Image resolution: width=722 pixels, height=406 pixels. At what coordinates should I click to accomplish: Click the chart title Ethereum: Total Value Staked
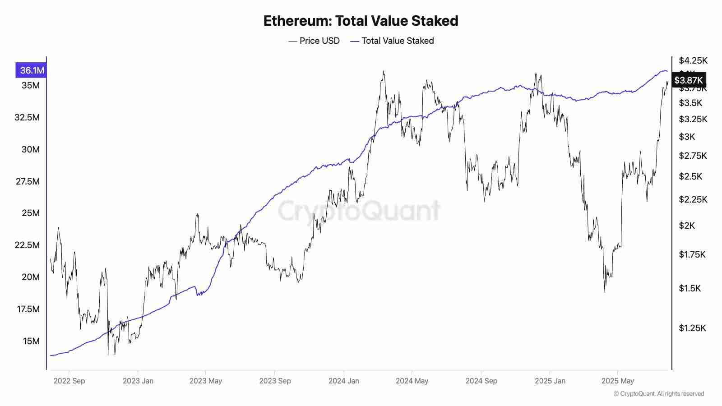click(x=361, y=21)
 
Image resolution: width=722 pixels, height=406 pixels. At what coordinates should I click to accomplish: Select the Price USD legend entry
click(x=315, y=41)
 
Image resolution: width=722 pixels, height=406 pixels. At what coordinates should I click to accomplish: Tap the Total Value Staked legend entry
click(x=392, y=41)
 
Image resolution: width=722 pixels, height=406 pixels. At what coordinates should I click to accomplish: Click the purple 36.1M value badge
click(x=31, y=70)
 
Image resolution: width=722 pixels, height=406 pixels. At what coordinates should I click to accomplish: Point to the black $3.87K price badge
click(x=689, y=80)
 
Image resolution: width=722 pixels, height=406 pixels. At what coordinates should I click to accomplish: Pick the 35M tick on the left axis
click(x=31, y=85)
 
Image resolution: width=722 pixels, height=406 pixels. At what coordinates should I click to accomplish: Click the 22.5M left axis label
click(x=27, y=245)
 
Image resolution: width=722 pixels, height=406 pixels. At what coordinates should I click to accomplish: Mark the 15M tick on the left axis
click(x=31, y=341)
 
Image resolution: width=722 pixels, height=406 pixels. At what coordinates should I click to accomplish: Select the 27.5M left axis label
click(x=27, y=181)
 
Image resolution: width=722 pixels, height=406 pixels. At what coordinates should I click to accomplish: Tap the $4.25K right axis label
click(x=693, y=60)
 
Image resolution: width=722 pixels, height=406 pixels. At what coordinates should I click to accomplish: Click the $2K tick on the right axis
click(x=687, y=226)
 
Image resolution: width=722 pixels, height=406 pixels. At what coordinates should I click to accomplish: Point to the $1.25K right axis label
click(x=692, y=328)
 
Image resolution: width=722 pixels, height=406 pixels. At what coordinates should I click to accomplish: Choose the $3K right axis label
click(x=687, y=137)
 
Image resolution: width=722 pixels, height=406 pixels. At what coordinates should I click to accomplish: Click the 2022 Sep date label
click(x=69, y=381)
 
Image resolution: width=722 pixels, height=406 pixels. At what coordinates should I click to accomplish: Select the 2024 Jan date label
click(x=344, y=381)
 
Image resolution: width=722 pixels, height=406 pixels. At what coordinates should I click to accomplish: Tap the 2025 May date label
click(x=618, y=381)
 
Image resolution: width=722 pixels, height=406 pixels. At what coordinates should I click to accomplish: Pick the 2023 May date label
click(x=206, y=381)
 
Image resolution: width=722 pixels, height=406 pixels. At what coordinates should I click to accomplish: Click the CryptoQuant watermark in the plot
click(x=359, y=210)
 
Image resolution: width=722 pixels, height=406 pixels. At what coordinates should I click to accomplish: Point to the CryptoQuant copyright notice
click(x=659, y=394)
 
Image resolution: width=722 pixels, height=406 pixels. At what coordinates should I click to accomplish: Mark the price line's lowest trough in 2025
click(x=605, y=291)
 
